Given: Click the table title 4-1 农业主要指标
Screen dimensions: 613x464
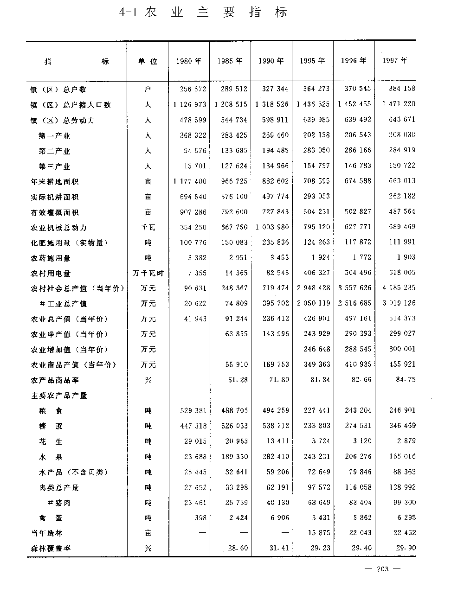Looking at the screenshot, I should pos(204,13).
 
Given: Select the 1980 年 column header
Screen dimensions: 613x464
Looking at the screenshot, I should pos(189,61).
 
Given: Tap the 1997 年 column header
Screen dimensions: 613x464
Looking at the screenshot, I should pos(395,60).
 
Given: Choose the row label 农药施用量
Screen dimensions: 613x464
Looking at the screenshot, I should pos(51,258).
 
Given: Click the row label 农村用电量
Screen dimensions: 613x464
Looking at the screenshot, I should pos(51,274).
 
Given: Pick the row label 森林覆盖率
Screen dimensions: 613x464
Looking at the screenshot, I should pos(51,549).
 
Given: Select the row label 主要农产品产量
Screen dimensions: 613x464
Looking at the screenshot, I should pos(59,396).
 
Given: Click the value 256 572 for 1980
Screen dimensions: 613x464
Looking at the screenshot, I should pos(193,89).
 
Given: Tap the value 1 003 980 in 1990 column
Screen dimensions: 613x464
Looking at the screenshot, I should pos(272,227).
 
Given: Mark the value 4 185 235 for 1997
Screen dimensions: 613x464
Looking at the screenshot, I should pos(399,287).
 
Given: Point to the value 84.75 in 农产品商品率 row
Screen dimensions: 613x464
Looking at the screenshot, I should pos(406,379).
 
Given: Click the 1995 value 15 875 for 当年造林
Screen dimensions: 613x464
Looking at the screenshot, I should pos(318,533).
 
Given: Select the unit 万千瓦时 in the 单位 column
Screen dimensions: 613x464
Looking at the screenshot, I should pos(148,274).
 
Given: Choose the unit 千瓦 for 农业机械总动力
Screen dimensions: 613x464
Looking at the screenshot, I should pos(148,228).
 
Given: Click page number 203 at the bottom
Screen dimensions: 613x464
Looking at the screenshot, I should pos(383,569).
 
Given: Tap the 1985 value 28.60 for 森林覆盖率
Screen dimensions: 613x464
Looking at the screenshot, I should pos(238,548).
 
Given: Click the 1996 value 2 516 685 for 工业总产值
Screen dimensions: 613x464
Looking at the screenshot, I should pos(354,303).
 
